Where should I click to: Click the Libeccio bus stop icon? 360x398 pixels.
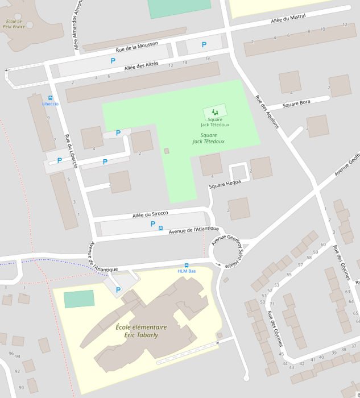click(x=50, y=98)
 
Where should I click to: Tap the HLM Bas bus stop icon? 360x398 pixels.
click(x=187, y=265)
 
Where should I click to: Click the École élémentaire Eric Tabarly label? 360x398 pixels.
click(x=141, y=331)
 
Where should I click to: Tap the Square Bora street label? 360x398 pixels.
click(x=296, y=104)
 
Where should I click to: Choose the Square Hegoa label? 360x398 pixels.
click(x=225, y=184)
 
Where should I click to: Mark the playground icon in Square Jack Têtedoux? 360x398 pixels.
click(x=214, y=112)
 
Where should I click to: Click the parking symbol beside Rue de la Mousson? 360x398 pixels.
click(x=204, y=45)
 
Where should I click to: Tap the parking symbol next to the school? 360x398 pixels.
click(x=118, y=290)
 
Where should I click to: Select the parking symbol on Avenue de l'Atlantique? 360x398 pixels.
click(x=152, y=224)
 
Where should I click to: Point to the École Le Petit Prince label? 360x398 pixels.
click(x=14, y=24)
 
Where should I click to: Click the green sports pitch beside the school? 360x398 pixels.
click(x=79, y=298)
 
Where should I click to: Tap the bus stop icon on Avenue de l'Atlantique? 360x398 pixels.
click(x=161, y=229)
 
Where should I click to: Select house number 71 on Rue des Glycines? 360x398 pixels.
click(x=272, y=304)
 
